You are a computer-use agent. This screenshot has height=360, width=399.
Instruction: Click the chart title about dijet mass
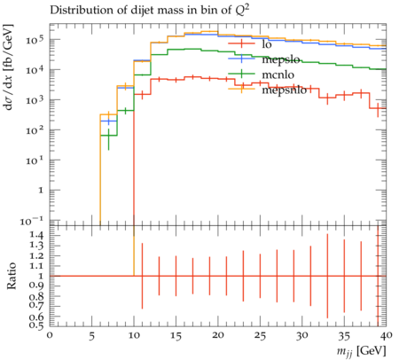[x=150, y=11]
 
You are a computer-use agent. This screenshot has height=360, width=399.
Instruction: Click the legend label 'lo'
[x=267, y=44]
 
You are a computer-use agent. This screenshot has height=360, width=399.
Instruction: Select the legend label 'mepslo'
[x=281, y=60]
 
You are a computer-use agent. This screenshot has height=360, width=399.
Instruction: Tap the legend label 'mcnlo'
[x=278, y=74]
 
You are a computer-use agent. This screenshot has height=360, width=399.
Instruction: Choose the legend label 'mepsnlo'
[x=285, y=90]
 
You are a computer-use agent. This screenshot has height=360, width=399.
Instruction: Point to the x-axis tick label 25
[x=260, y=336]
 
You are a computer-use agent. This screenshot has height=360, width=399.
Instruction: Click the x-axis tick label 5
[x=92, y=336]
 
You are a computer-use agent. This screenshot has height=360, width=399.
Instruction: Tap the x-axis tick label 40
[x=387, y=335]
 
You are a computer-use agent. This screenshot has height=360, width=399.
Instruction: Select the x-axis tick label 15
[x=176, y=336]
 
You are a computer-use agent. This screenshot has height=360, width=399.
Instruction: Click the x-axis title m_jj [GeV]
[x=361, y=351]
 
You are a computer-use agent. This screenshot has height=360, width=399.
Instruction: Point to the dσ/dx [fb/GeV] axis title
[x=9, y=67]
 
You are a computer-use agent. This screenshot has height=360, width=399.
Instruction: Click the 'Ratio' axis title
[x=12, y=276]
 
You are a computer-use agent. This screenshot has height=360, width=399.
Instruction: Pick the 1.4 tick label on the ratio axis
[x=37, y=236]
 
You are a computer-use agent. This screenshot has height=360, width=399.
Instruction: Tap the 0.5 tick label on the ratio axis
[x=37, y=325]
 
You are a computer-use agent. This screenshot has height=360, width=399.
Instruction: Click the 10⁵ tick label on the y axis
[x=35, y=39]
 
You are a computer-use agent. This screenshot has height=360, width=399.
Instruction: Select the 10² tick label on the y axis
[x=35, y=129]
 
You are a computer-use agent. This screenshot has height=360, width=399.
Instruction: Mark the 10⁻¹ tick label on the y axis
[x=31, y=221]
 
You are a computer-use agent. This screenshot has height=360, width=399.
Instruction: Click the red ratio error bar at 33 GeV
[x=327, y=276]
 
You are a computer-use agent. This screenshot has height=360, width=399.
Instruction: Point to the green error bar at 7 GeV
[x=108, y=139]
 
